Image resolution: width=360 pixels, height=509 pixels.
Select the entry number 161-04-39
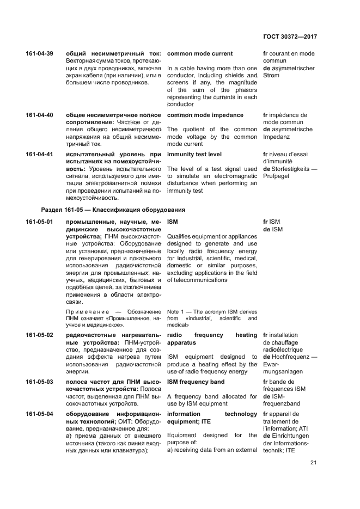(39, 54)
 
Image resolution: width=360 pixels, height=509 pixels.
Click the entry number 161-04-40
(39, 115)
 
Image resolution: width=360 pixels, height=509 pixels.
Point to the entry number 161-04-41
(39, 155)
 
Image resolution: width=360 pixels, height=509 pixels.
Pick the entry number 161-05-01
(39, 223)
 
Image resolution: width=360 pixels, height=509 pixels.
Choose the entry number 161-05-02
(39, 335)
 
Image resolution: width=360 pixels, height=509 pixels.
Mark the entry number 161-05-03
(39, 382)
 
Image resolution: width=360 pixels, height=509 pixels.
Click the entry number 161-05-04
(39, 414)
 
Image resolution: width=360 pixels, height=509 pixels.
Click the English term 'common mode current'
(199, 54)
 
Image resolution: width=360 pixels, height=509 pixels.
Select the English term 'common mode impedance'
(205, 115)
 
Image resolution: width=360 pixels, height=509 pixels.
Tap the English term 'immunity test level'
(194, 155)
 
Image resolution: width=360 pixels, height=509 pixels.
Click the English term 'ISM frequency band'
(196, 382)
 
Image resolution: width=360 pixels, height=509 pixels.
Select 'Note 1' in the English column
(175, 311)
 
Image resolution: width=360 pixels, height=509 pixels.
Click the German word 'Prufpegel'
(278, 176)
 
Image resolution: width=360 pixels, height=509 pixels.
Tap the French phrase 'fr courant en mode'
(289, 54)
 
